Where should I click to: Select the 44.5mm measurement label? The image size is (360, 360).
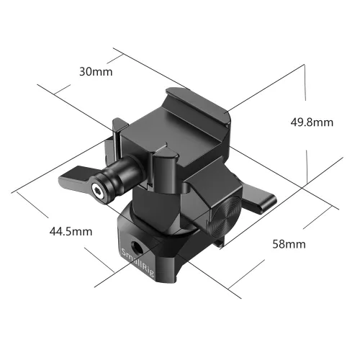[x=71, y=231]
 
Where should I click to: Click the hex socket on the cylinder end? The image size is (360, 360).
[x=97, y=192]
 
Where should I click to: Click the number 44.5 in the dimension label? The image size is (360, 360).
[x=63, y=231]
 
